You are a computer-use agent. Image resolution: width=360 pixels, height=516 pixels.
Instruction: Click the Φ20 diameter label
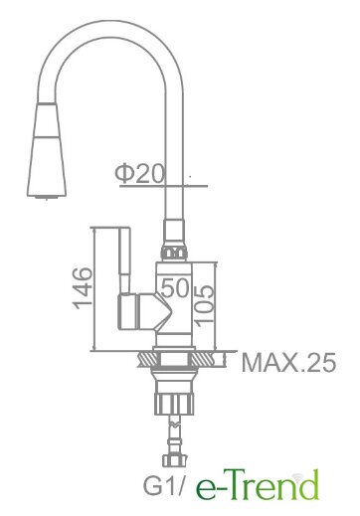pyautogui.click(x=139, y=174)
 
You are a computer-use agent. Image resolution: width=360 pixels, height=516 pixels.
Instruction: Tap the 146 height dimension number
pyautogui.click(x=83, y=288)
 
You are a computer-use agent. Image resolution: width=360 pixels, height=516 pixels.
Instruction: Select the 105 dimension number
pyautogui.click(x=204, y=303)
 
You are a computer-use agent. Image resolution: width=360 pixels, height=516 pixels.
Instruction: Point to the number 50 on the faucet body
pyautogui.click(x=175, y=287)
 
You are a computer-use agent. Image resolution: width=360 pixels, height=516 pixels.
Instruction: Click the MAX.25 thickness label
pyautogui.click(x=288, y=362)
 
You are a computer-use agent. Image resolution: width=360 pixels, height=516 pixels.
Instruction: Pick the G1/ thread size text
pyautogui.click(x=163, y=485)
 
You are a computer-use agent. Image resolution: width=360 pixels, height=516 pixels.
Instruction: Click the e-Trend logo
pyautogui.click(x=258, y=484)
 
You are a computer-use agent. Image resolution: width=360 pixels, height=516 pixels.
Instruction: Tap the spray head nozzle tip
pyautogui.click(x=47, y=198)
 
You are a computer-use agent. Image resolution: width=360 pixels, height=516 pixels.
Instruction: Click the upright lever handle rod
pyautogui.click(x=124, y=260)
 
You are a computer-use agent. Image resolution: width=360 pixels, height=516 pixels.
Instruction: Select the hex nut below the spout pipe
pyautogui.click(x=174, y=254)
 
